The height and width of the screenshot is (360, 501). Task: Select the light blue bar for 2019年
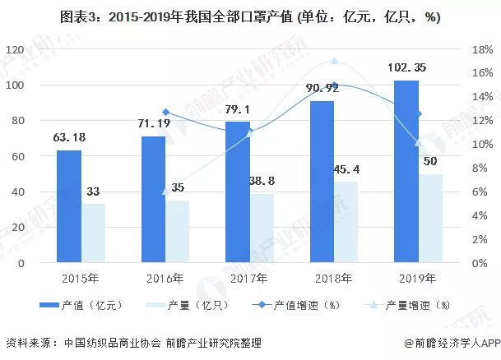(429, 218)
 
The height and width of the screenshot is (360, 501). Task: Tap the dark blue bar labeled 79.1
(237, 192)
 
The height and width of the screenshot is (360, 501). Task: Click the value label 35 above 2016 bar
(178, 187)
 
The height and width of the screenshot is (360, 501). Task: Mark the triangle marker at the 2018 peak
(334, 62)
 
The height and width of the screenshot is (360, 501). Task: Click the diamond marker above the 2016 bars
(165, 113)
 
